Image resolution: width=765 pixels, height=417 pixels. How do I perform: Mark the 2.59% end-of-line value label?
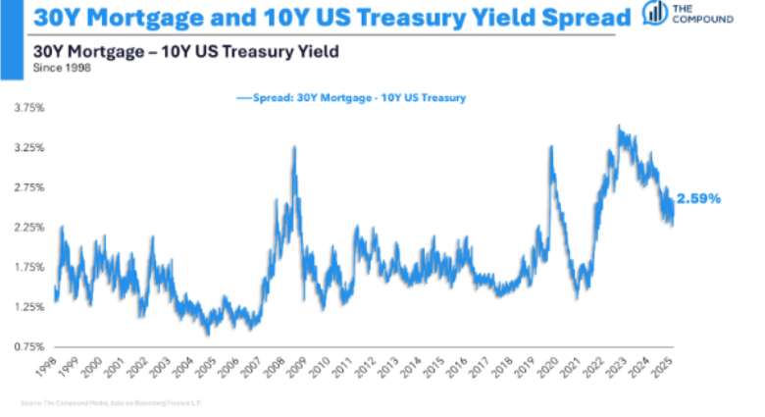[699, 199]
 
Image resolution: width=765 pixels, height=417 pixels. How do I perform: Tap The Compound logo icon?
[652, 13]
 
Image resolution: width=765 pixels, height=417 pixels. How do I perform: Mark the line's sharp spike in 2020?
[551, 147]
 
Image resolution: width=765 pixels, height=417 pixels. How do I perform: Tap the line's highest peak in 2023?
[618, 127]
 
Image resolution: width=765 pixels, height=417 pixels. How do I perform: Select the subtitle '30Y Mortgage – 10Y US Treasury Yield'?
[185, 51]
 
